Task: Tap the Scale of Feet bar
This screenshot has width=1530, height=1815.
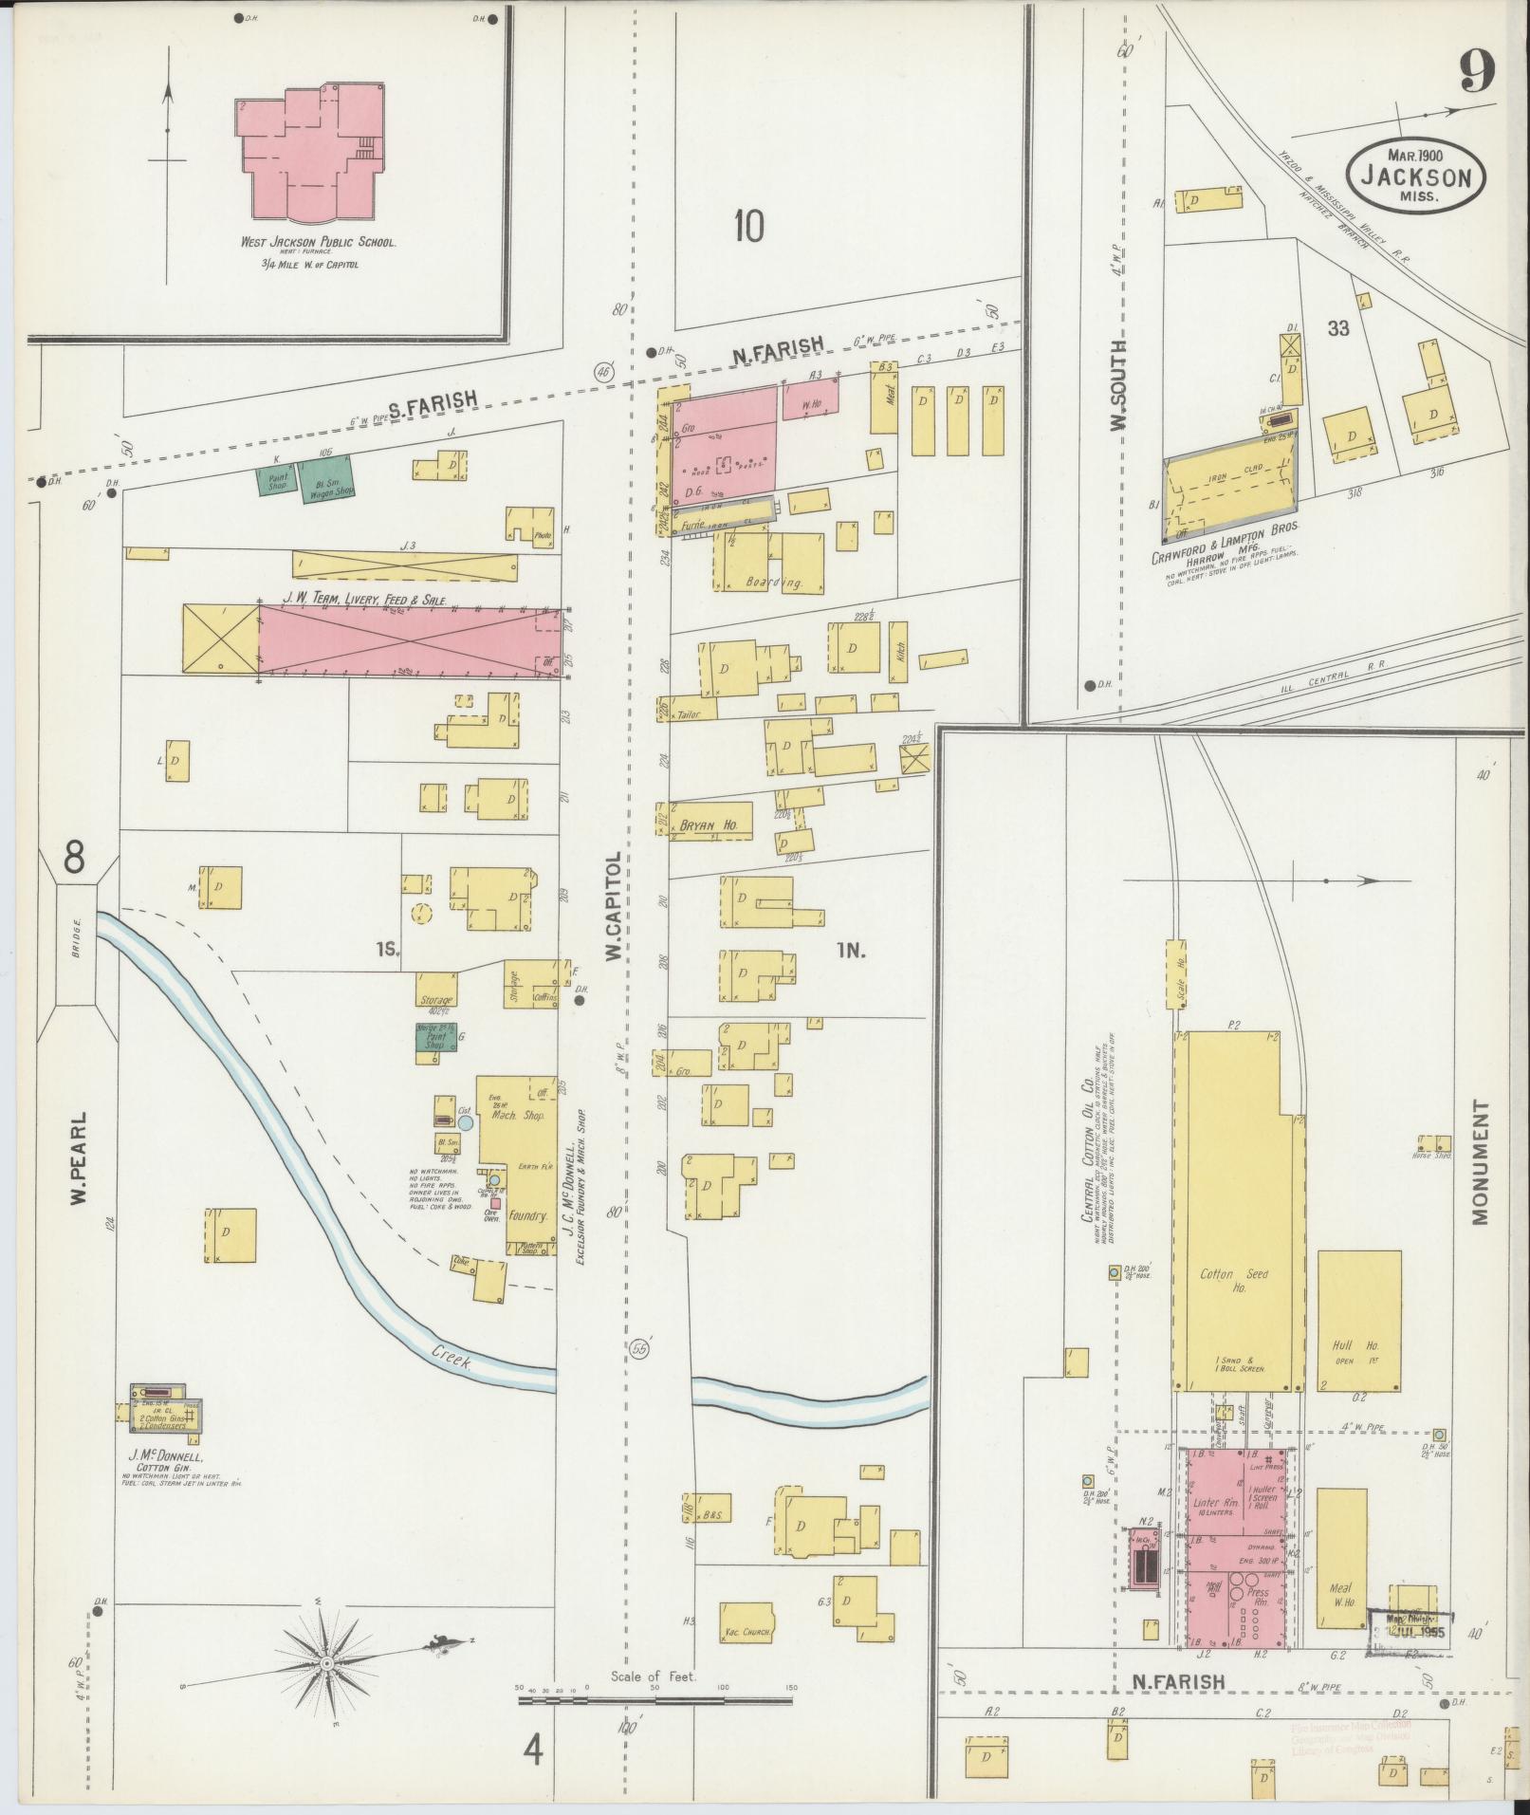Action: [x=654, y=1701]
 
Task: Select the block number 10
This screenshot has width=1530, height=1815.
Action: [x=748, y=227]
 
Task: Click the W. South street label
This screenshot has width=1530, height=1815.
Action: [x=1119, y=384]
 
